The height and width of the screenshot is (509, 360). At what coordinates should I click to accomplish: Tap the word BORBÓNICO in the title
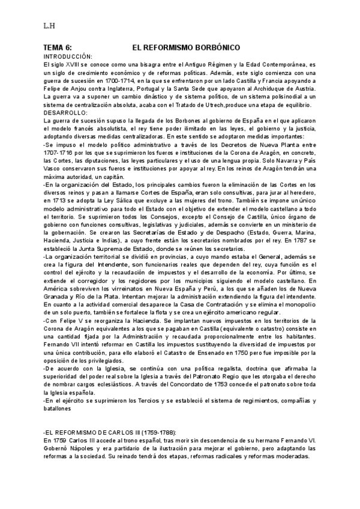coord(214,47)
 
